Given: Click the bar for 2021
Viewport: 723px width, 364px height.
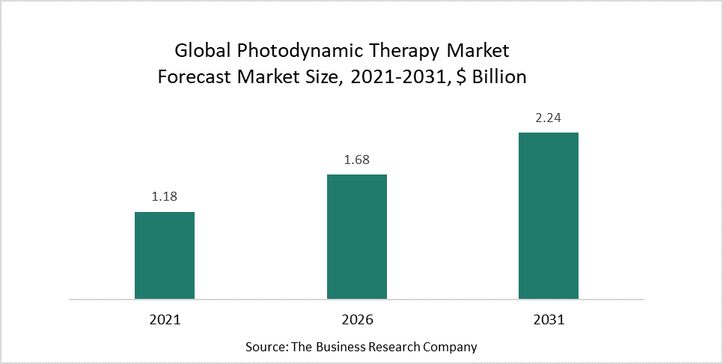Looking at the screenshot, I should [x=165, y=255].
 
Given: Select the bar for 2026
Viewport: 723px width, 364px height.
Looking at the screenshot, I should [x=357, y=237].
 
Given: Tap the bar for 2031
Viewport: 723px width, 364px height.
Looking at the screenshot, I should [x=549, y=216].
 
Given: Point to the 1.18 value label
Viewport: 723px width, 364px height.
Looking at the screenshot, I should [x=165, y=197].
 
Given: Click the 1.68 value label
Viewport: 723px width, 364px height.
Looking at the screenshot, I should [x=357, y=160].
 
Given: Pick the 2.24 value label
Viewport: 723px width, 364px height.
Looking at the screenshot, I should [x=549, y=118].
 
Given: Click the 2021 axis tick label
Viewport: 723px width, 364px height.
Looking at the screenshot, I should [x=165, y=319].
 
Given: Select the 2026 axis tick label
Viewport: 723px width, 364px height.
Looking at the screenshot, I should [x=357, y=319].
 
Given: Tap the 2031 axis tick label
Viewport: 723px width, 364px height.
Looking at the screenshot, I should [x=549, y=319].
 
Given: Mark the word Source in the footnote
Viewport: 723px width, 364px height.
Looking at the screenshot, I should [x=263, y=347].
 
